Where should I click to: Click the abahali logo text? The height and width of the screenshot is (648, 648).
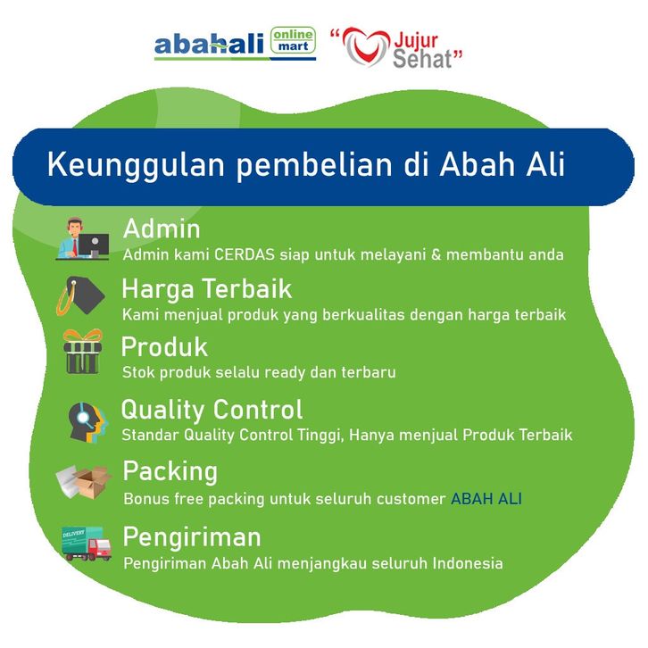209,45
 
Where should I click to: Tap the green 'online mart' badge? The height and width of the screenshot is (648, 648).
293,40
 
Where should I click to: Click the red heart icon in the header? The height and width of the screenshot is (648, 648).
366,46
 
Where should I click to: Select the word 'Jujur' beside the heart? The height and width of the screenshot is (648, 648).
416,41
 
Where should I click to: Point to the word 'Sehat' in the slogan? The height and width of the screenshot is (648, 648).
422,59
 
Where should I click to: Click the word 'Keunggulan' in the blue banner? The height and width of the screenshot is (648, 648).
136,165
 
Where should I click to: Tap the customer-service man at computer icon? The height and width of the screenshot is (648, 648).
83,239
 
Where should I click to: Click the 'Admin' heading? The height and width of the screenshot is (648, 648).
162,228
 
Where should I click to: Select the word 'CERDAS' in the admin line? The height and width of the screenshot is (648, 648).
245,254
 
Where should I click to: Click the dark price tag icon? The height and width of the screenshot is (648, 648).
81,295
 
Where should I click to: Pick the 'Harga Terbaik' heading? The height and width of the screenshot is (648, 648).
207,289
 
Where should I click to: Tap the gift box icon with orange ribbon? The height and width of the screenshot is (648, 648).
83,352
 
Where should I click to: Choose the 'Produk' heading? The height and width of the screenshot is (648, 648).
164,346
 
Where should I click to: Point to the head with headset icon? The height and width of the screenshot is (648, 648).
87,422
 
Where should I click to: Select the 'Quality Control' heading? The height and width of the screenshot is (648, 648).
212,410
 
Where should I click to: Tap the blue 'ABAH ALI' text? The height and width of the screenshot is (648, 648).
486,499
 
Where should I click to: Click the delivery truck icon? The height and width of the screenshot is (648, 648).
86,544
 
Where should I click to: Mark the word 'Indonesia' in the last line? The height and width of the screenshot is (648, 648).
468,563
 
